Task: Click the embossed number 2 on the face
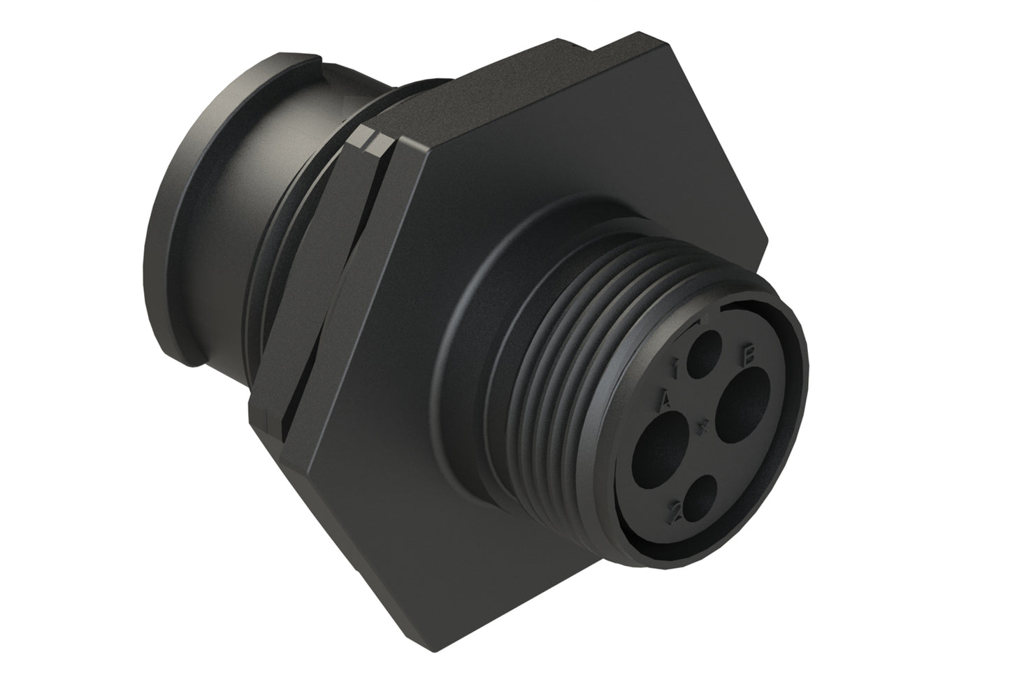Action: coord(675,512)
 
